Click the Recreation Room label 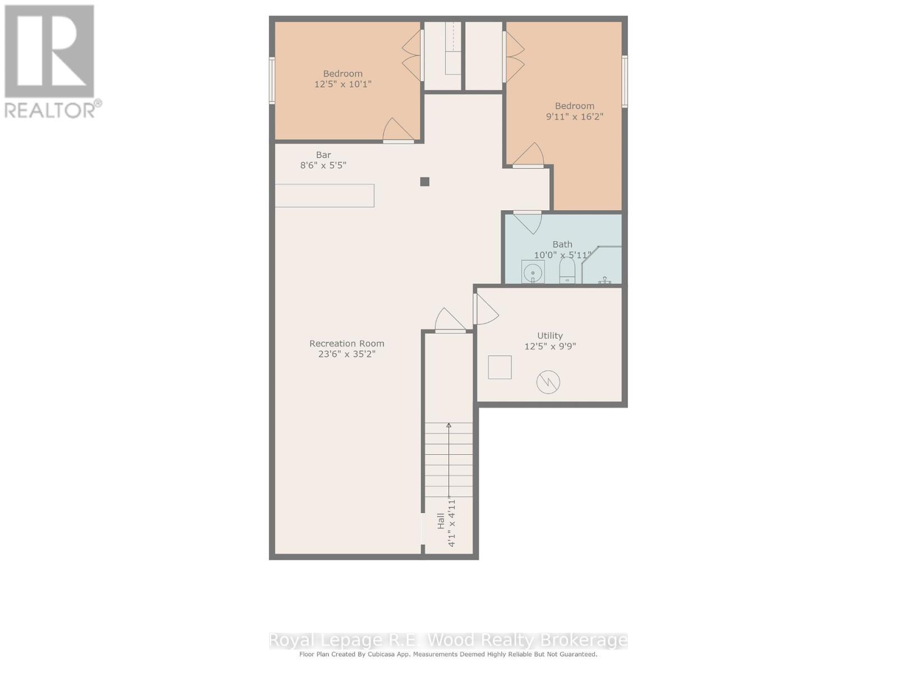(346, 344)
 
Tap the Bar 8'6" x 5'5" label (323, 160)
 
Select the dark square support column (425, 182)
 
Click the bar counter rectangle (324, 196)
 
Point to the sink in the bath (532, 273)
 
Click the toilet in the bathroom (567, 271)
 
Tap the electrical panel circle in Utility (548, 382)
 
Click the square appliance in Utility (500, 367)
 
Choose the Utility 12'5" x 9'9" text (550, 341)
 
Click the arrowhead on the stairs (449, 426)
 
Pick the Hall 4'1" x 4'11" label (446, 522)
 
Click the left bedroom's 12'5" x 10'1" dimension (343, 84)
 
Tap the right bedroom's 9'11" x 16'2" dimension (575, 117)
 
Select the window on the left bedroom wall (272, 81)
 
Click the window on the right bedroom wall (625, 81)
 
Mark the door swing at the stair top (450, 321)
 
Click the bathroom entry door (527, 221)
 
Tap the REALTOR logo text (53, 109)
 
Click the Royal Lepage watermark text (448, 640)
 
